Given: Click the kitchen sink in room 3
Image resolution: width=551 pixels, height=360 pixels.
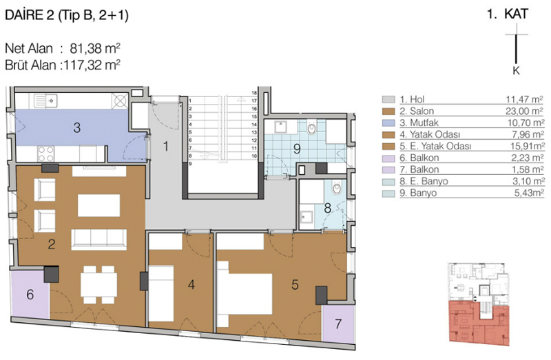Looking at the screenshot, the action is [45, 101].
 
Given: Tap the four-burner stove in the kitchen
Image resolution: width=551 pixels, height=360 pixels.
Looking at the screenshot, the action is [46, 153].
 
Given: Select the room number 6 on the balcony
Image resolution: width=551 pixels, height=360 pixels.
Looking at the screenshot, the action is [30, 295].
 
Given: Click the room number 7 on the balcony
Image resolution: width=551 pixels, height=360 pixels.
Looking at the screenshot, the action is [338, 324].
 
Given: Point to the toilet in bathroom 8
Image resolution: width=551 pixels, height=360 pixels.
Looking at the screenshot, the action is [337, 189].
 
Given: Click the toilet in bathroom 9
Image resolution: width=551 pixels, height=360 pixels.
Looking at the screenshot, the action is [312, 128].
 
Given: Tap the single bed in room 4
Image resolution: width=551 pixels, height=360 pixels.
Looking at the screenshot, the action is [161, 294].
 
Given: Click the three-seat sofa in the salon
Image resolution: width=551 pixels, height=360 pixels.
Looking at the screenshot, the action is [99, 240].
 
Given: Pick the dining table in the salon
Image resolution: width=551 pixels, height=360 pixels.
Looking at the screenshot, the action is [99, 285].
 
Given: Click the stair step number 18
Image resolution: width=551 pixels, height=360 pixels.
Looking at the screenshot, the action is [254, 93].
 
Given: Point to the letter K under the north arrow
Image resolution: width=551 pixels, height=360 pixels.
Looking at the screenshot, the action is [516, 71].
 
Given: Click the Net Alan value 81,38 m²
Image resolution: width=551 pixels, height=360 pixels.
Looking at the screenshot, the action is [95, 48].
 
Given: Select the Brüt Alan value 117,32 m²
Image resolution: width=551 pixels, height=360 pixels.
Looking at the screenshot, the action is [91, 65].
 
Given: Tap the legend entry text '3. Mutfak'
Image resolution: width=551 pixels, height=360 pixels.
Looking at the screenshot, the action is [419, 123].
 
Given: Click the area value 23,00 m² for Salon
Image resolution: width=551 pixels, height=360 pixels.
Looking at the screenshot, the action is [525, 111].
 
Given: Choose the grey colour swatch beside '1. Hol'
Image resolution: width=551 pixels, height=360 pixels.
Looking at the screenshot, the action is [388, 99].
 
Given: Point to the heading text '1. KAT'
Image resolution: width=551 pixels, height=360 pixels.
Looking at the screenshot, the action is [507, 14].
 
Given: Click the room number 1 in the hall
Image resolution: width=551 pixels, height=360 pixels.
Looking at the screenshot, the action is [166, 146].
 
